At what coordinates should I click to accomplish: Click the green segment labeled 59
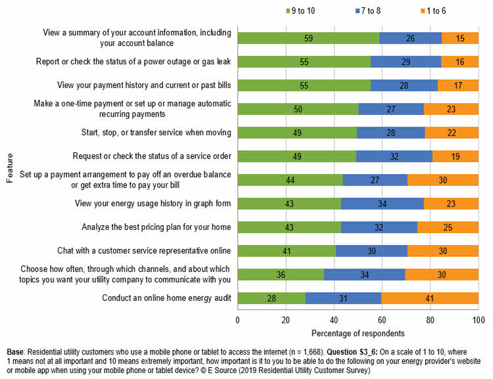point(308,38)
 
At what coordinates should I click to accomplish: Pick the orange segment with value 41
point(429,299)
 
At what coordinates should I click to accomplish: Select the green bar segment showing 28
point(271,299)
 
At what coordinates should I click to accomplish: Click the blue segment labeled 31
point(343,299)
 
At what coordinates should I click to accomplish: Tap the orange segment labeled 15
point(459,38)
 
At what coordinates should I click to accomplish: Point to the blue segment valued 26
point(410,38)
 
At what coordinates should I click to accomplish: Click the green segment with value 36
point(281,275)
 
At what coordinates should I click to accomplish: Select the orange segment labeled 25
point(448,228)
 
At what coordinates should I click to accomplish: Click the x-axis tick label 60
point(381,320)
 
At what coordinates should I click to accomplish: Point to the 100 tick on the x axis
point(477,320)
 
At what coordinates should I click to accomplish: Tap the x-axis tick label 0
point(237,320)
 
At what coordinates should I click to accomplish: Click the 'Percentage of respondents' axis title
point(358,333)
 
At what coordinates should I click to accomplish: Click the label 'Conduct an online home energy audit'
point(166,298)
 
